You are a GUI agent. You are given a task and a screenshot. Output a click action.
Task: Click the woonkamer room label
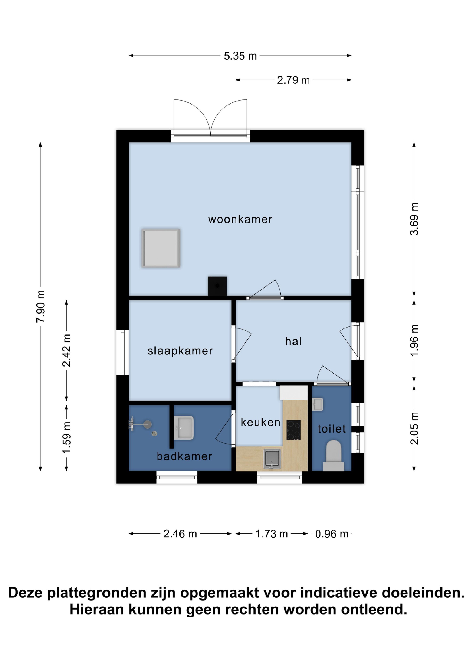click(240, 220)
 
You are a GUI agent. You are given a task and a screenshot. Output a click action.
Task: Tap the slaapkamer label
click(180, 351)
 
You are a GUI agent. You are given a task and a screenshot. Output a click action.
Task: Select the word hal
click(293, 341)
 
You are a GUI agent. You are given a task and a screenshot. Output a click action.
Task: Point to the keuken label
click(260, 422)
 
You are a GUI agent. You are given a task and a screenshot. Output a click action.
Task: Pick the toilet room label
click(332, 429)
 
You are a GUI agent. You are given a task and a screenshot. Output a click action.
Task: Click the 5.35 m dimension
click(240, 56)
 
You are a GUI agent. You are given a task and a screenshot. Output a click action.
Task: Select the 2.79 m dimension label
click(293, 80)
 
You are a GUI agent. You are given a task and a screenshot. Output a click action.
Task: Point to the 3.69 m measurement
click(414, 219)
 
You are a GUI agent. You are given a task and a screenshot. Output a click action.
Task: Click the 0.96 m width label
click(332, 534)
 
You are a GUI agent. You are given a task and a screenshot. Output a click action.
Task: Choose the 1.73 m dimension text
click(272, 534)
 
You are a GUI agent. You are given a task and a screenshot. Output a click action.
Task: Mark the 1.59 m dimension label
click(67, 437)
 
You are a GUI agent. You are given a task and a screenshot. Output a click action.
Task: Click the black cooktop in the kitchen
click(293, 430)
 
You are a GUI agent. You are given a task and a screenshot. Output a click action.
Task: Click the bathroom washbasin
click(184, 428)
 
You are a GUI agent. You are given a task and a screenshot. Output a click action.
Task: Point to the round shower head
click(148, 424)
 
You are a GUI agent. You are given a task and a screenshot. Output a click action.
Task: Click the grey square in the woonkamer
click(161, 248)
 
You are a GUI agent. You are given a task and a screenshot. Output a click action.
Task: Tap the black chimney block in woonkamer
click(217, 286)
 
